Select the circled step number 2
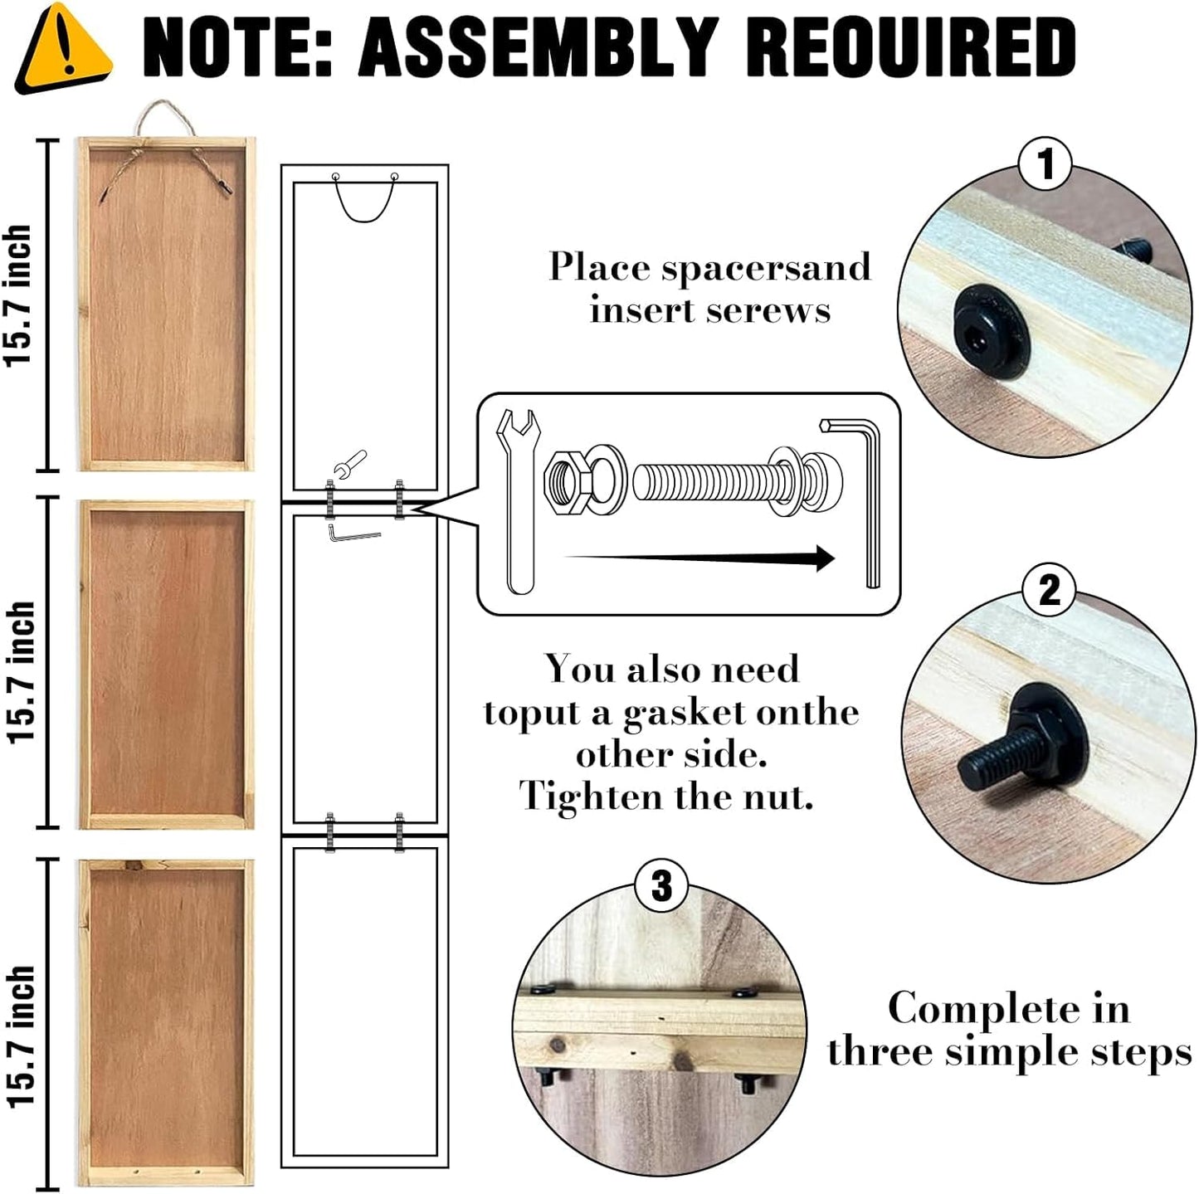pos(1049,589)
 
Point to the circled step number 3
pos(661,885)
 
